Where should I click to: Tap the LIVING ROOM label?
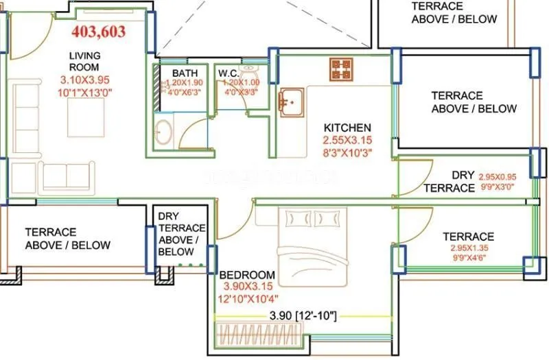pyautogui.click(x=85, y=60)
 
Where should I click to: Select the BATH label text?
pyautogui.click(x=185, y=73)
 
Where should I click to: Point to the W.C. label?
pyautogui.click(x=229, y=73)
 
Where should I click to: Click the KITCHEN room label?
pyautogui.click(x=347, y=128)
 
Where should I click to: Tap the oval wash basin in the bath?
pyautogui.click(x=164, y=132)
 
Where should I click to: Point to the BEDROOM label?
pyautogui.click(x=248, y=274)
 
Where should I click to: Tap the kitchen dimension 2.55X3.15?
pyautogui.click(x=347, y=141)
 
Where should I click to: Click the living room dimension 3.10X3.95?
pyautogui.click(x=85, y=80)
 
